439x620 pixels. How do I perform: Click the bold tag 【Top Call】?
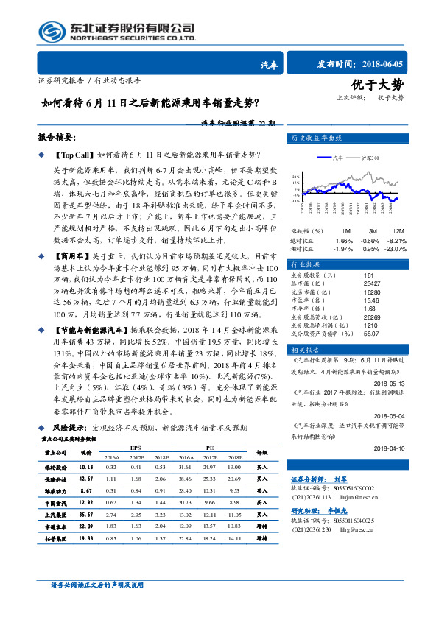(x=75, y=155)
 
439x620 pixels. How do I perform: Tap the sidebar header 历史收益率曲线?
(x=317, y=138)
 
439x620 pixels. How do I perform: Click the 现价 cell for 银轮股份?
(x=85, y=467)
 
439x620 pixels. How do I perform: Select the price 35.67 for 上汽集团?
(x=85, y=514)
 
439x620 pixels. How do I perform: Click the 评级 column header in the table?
(x=261, y=453)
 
